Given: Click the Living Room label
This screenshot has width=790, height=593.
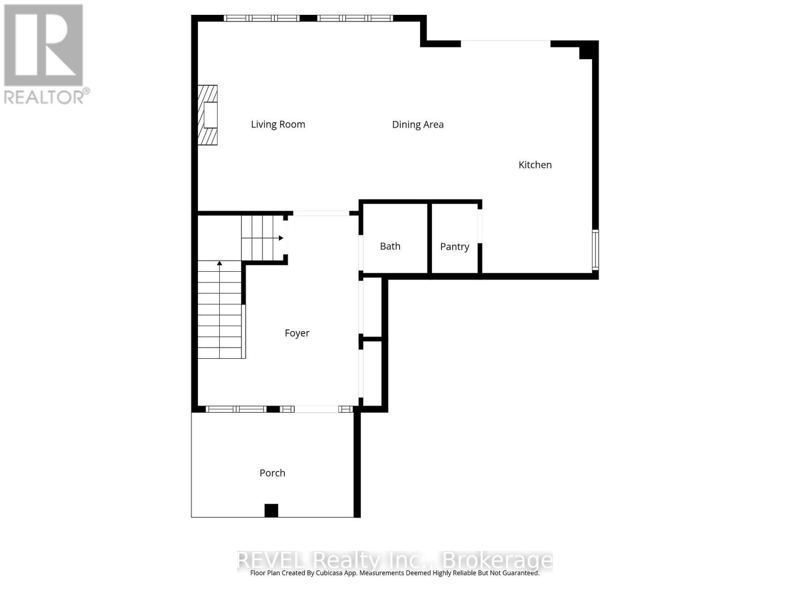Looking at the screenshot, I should coord(278,125).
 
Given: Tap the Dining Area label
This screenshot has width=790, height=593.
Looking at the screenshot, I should coord(418,125).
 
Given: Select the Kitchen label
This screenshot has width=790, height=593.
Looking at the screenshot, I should coord(535,165).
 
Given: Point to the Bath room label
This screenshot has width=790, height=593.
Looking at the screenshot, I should coord(390,246).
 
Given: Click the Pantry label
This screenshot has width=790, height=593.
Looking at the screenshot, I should coord(454,247).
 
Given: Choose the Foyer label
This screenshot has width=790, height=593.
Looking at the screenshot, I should coord(297,333).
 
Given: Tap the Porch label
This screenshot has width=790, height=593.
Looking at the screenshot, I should coord(272,473).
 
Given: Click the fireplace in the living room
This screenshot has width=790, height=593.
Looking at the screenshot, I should coord(208,115).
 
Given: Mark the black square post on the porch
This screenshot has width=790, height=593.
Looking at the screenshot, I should coord(271,510).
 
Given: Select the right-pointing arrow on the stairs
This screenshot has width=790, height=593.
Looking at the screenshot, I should coord(280,238).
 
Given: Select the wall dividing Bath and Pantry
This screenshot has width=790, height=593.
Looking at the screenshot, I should coord(430,238).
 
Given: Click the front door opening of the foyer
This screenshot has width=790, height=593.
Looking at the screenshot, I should coord(316,409).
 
